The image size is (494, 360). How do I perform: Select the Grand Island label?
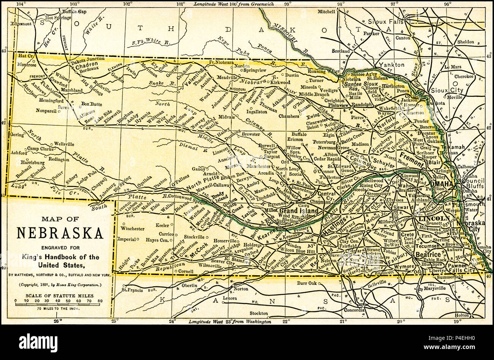pos(299,211)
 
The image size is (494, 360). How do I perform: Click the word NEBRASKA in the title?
pos(60,232)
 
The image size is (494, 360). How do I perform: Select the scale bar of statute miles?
pos(58,303)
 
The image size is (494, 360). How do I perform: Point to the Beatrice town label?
pos(427,254)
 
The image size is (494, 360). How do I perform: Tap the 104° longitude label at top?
pos(22,4)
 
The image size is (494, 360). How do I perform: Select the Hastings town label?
pos(334,221)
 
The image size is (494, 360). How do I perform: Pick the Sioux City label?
pos(447,90)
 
